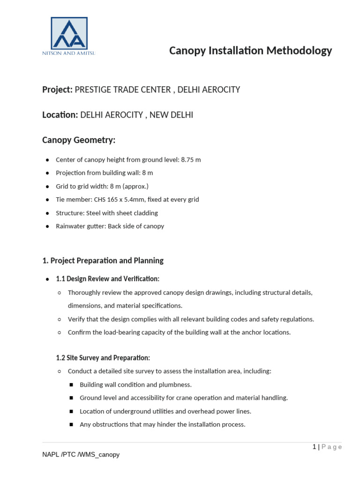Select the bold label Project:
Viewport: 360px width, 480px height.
tap(57, 90)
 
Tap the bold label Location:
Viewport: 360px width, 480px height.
tap(60, 115)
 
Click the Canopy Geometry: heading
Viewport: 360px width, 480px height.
tap(79, 140)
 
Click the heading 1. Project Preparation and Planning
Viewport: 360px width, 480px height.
tap(103, 261)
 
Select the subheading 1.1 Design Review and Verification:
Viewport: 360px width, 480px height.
tap(107, 279)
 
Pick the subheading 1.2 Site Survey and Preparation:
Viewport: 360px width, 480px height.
tap(103, 358)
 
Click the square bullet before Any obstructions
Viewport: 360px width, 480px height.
tap(71, 425)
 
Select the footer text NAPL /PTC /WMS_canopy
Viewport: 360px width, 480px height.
tap(81, 455)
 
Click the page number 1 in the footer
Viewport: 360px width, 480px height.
tap(315, 447)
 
